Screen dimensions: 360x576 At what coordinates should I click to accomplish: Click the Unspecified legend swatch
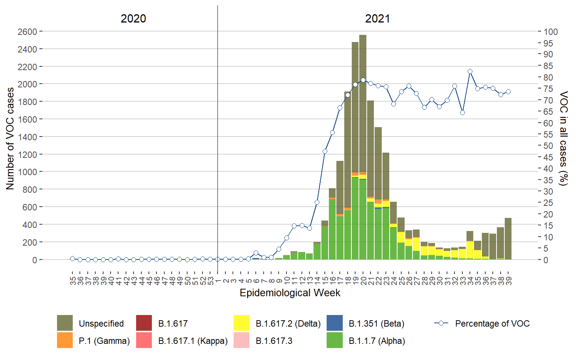(65, 323)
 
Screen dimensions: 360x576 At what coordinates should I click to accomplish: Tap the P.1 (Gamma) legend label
(104, 341)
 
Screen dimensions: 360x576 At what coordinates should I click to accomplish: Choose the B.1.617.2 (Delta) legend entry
(288, 324)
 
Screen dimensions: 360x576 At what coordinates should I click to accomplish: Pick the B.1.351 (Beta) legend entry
(376, 324)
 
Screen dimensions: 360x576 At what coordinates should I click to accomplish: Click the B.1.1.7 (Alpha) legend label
(376, 341)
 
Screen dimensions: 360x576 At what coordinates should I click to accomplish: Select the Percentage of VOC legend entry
(492, 324)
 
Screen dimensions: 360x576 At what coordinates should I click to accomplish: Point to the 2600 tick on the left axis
(27, 31)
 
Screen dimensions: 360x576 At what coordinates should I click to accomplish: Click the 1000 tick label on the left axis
(27, 172)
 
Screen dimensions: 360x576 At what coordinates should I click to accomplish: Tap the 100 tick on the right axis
(550, 31)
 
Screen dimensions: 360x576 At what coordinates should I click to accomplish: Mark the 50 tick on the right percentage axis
(548, 146)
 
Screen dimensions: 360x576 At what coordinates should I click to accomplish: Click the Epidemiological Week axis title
(290, 293)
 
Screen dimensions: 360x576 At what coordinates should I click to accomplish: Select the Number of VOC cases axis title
(10, 139)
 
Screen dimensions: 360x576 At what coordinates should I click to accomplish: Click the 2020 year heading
(133, 18)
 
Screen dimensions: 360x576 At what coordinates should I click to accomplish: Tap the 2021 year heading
(377, 18)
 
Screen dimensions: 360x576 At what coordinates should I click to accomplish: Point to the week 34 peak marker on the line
(470, 71)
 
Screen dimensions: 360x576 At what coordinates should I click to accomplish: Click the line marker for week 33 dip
(462, 112)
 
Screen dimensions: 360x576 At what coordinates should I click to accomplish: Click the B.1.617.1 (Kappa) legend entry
(193, 341)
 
